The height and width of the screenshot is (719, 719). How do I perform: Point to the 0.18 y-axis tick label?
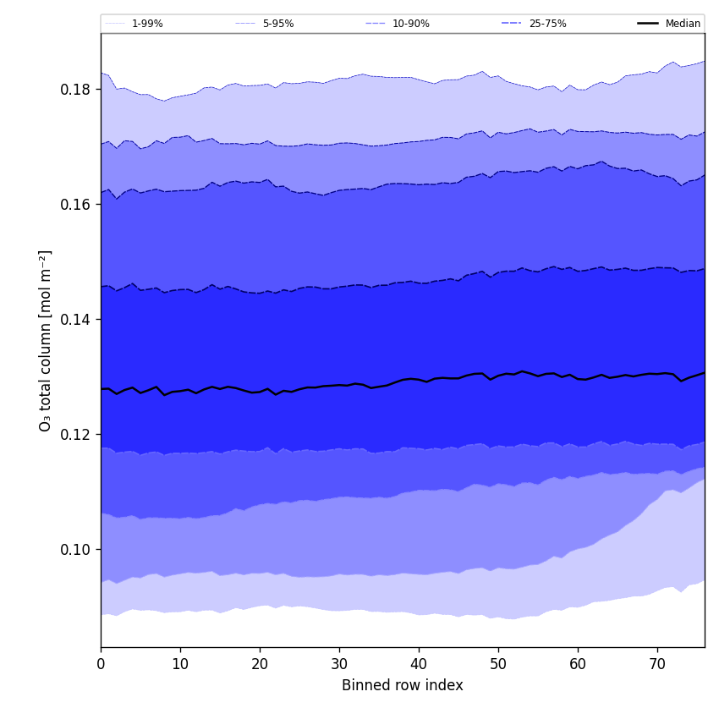75,90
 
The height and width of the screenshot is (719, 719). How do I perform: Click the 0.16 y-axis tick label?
75,205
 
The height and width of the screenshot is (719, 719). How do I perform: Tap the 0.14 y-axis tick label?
75,320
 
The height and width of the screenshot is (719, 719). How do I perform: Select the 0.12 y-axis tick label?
75,435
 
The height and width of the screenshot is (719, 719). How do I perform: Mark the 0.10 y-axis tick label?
75,550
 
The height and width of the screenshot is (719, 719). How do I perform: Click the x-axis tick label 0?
101,664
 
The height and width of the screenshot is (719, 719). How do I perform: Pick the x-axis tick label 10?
180,664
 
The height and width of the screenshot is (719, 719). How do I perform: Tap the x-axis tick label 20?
260,664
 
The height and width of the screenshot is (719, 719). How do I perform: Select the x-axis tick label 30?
339,664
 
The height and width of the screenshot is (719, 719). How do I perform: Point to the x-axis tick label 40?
419,664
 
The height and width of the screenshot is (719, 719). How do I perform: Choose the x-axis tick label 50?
498,664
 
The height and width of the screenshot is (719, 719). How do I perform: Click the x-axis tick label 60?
578,664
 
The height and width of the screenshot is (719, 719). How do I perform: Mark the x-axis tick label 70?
657,664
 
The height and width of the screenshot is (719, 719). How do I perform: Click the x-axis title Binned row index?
403,686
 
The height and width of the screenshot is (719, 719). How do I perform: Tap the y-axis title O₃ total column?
46,340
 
